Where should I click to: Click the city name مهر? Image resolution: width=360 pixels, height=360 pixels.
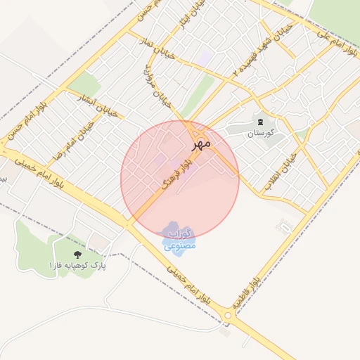(x=202, y=143)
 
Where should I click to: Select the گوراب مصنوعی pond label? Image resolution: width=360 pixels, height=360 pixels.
(x=180, y=239)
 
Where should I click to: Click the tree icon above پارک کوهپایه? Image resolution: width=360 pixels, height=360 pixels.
(x=76, y=253)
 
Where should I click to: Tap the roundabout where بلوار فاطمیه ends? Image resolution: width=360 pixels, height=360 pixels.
(x=227, y=316)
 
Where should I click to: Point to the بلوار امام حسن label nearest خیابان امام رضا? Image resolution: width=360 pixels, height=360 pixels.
(x=28, y=115)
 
